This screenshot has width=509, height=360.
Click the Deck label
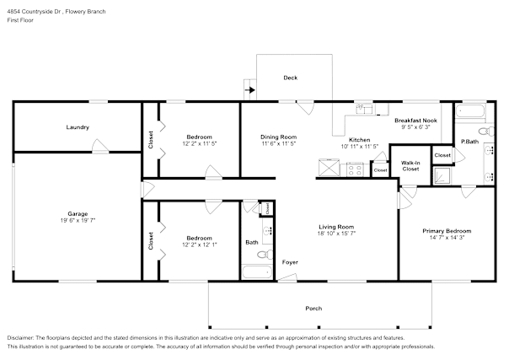(x=290, y=78)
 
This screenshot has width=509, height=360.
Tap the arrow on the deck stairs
(x=250, y=90)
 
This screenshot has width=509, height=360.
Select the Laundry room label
(x=78, y=127)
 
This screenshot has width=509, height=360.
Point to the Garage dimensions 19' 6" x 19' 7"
(x=78, y=220)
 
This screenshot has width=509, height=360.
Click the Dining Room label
(x=279, y=137)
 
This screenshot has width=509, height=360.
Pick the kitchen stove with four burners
(x=354, y=169)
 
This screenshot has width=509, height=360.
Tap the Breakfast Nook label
(x=415, y=121)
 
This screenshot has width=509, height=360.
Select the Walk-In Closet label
(x=410, y=166)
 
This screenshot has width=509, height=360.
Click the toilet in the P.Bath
(x=486, y=132)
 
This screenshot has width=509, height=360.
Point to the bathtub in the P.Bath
(x=470, y=112)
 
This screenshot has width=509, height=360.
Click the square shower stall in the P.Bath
(x=442, y=175)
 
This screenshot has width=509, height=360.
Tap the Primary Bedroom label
(x=447, y=231)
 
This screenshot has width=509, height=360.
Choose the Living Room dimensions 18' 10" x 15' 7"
(x=336, y=234)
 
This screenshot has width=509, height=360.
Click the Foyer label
(x=290, y=262)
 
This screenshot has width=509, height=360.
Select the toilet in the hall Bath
(x=265, y=254)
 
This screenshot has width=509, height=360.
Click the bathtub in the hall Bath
(x=257, y=272)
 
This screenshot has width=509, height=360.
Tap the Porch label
(x=313, y=309)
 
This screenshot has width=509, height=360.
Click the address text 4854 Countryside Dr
(x=35, y=12)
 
